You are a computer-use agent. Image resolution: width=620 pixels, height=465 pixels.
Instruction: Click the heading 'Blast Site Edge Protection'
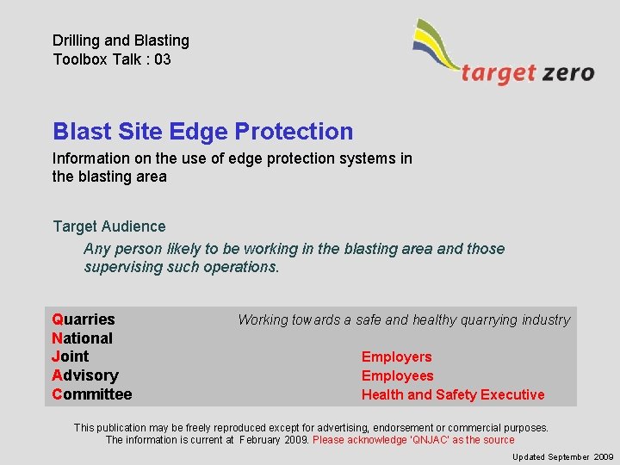(202, 132)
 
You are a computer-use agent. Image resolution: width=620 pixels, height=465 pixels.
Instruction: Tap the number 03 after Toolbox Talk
(162, 59)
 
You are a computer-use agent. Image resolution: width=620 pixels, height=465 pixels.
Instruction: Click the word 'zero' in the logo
(568, 72)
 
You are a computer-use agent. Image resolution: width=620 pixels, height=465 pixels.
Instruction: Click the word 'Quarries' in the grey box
(84, 319)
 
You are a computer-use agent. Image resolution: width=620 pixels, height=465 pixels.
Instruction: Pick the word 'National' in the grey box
(82, 338)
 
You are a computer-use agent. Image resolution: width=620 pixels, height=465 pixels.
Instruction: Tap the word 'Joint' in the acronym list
(70, 356)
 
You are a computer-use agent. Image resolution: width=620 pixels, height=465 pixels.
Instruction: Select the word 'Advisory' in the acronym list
(84, 375)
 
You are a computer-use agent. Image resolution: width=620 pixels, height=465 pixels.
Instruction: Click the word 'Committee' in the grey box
(91, 394)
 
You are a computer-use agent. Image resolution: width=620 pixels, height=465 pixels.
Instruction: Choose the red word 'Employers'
(396, 356)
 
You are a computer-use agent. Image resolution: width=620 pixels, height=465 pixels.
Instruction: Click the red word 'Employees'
(397, 375)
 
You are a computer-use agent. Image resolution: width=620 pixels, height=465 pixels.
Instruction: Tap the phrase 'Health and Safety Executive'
(453, 394)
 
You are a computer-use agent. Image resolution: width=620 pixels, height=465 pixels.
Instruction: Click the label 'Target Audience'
(108, 226)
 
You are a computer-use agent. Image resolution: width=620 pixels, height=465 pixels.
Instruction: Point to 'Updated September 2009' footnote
(562, 456)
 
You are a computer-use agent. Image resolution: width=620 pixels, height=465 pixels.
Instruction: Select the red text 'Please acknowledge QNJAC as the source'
(413, 440)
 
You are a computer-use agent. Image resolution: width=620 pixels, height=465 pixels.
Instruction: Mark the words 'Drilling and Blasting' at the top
(121, 40)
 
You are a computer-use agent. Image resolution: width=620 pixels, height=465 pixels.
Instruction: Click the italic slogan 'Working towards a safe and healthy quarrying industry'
(403, 320)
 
